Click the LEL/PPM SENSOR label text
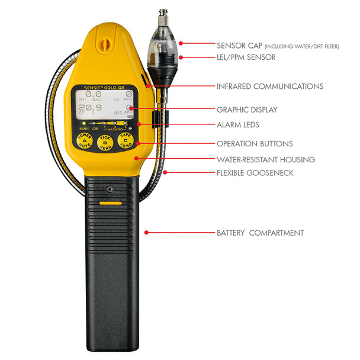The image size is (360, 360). click(x=245, y=57)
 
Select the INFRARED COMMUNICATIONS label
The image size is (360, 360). click(x=270, y=86)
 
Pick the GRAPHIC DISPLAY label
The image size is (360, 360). click(x=246, y=110)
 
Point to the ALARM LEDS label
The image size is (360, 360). click(x=238, y=125)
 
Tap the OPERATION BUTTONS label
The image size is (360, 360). click(x=255, y=143)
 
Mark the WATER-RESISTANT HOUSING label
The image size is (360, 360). click(x=266, y=159)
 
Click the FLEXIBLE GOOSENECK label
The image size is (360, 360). click(x=255, y=173)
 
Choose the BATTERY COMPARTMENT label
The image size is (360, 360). click(x=260, y=233)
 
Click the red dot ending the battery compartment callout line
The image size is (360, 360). click(x=147, y=233)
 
